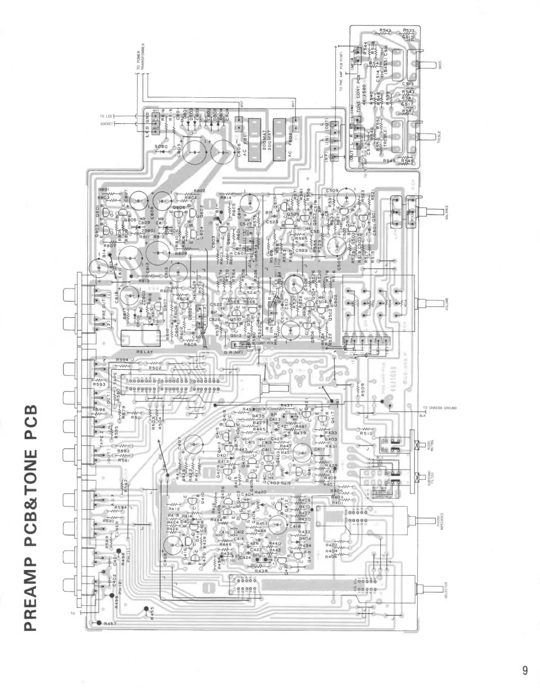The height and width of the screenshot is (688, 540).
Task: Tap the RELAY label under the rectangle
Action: coord(145,352)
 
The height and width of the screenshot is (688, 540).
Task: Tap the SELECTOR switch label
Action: coord(440,590)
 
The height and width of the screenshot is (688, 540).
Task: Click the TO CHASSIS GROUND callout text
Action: coord(440,408)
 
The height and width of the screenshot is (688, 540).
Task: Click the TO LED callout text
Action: coord(105,116)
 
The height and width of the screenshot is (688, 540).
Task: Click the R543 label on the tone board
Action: coord(385,31)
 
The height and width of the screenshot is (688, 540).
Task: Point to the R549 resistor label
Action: coord(388,161)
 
